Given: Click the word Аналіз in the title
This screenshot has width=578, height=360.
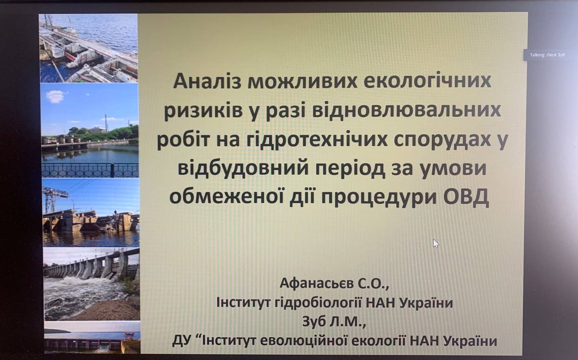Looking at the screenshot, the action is click(207, 80).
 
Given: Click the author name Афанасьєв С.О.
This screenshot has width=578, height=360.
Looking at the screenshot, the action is click(335, 283).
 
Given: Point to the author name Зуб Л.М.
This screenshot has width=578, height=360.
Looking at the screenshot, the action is click(334, 321).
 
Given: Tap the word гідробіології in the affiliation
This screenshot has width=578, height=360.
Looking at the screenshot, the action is click(319, 303).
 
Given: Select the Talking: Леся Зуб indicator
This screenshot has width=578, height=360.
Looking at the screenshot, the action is click(547, 55).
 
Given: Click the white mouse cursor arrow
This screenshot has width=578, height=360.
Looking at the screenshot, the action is click(436, 243).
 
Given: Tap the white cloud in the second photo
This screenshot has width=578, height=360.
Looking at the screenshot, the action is click(55, 97).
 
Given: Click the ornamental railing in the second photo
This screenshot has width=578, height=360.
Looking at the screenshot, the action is click(91, 170).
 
